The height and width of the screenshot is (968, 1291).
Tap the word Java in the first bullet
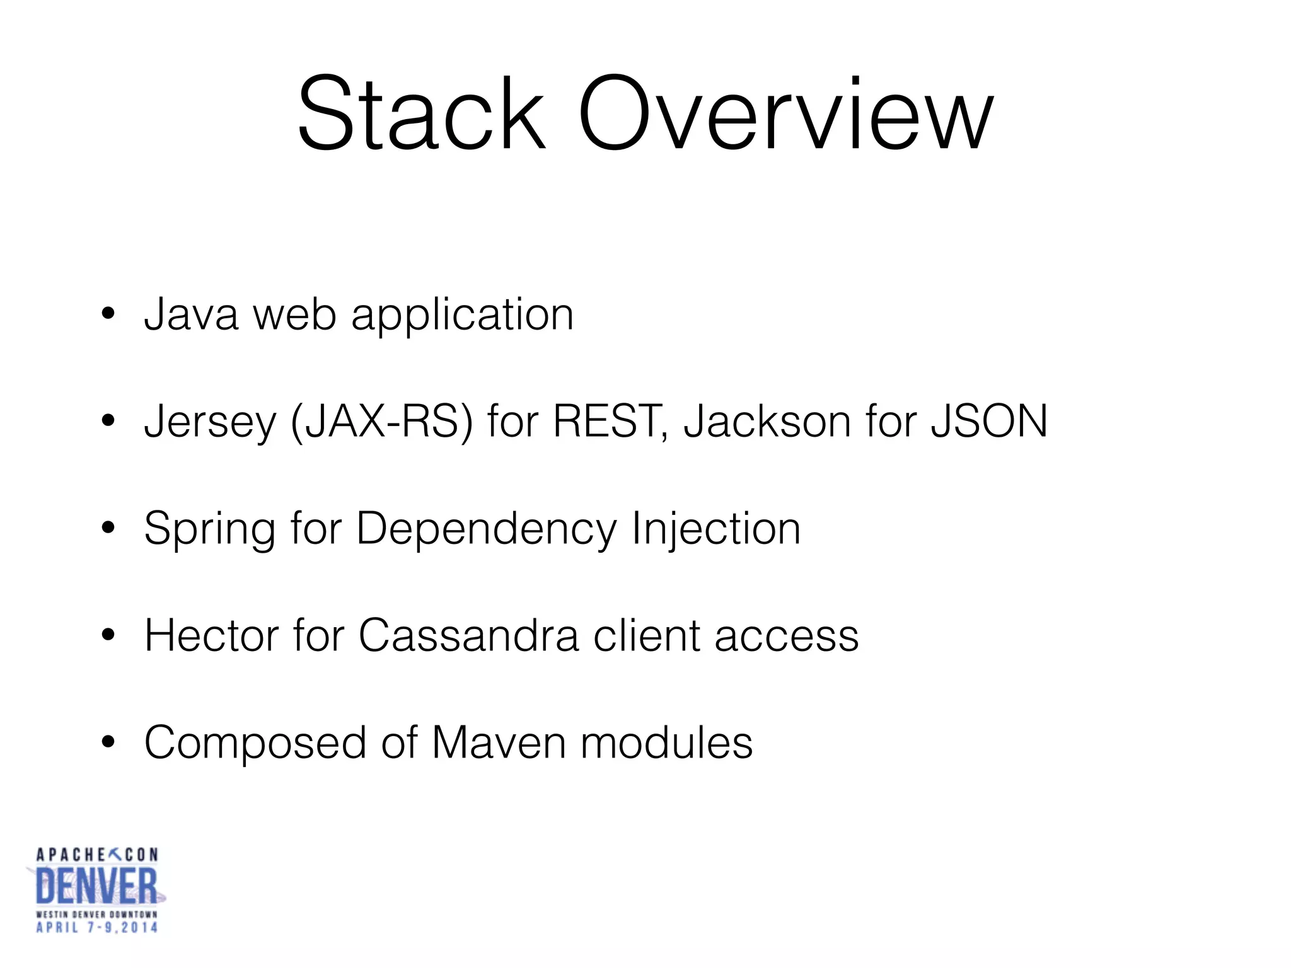(x=191, y=314)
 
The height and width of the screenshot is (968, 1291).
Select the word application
(x=462, y=315)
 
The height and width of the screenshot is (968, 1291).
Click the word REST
(x=607, y=421)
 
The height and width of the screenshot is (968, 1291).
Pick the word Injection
(x=715, y=528)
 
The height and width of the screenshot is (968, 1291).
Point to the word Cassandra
(x=468, y=635)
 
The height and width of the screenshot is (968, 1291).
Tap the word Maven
(x=499, y=742)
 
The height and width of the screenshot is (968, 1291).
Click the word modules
(x=666, y=742)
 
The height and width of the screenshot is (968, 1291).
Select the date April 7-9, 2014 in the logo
(x=96, y=927)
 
